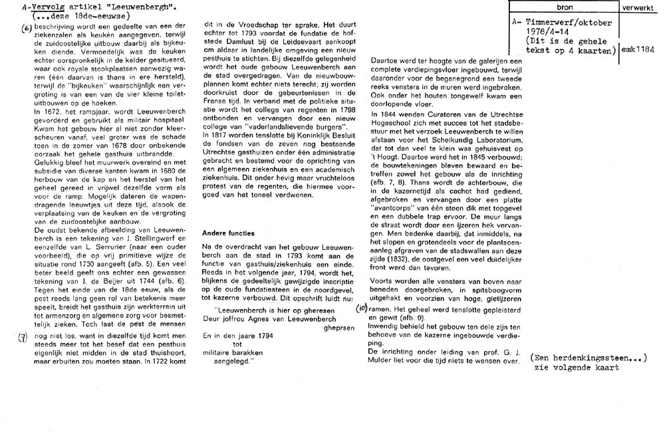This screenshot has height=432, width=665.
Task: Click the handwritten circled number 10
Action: [x=361, y=308]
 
